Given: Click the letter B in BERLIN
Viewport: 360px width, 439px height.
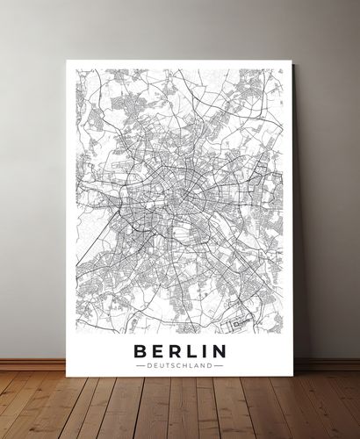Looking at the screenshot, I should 140,351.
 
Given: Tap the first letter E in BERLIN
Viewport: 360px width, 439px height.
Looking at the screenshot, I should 158,351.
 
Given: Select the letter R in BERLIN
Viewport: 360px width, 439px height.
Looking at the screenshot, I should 176,351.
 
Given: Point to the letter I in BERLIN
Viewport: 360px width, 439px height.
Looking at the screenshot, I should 205,351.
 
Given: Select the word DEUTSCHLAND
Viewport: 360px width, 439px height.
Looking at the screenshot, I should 180,366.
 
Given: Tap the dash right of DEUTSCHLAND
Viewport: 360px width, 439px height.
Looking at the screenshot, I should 220,366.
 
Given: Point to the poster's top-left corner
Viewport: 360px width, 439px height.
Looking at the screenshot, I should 67,61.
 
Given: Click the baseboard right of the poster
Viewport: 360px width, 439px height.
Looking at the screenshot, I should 329,363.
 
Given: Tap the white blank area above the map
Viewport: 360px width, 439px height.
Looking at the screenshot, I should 180,64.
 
